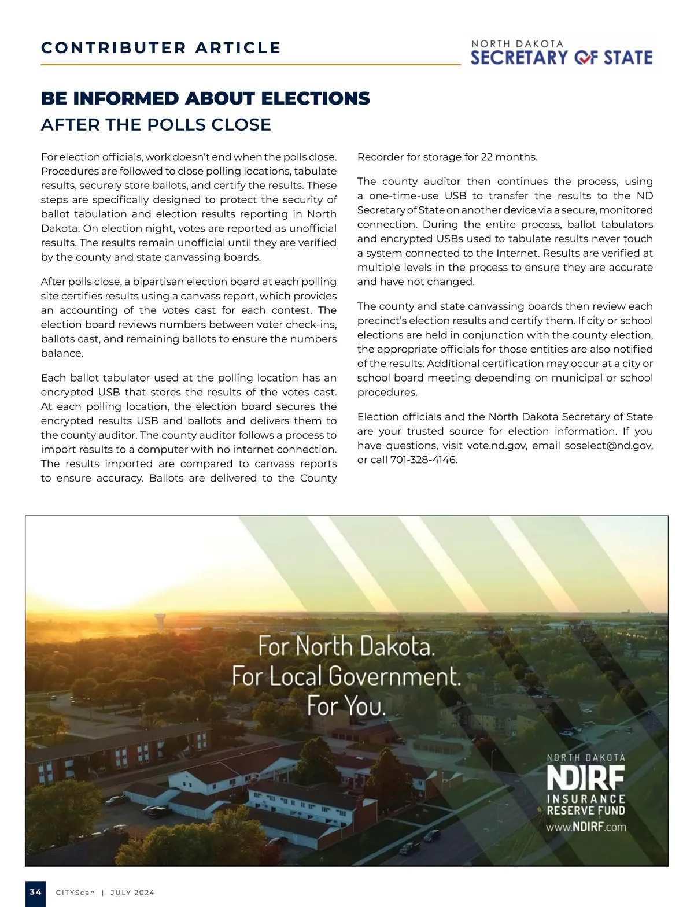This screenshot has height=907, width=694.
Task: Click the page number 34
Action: [x=35, y=892]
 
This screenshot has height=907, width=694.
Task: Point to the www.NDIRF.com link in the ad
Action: [x=586, y=827]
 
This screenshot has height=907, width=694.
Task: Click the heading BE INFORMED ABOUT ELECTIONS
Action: [x=205, y=99]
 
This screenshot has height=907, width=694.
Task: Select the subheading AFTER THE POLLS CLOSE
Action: [x=156, y=125]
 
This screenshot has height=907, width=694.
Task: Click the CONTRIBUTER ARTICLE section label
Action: [x=161, y=48]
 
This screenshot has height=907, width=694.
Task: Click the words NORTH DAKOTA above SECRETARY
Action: [x=517, y=44]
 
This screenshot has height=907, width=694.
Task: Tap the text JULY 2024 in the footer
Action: [x=132, y=893]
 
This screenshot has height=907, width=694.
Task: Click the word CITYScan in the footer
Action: [x=75, y=893]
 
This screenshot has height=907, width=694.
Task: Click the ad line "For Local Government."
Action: [x=346, y=676]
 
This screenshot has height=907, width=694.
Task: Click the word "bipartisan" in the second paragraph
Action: [x=160, y=282]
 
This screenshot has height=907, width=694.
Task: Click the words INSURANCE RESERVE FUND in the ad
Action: [x=586, y=805]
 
